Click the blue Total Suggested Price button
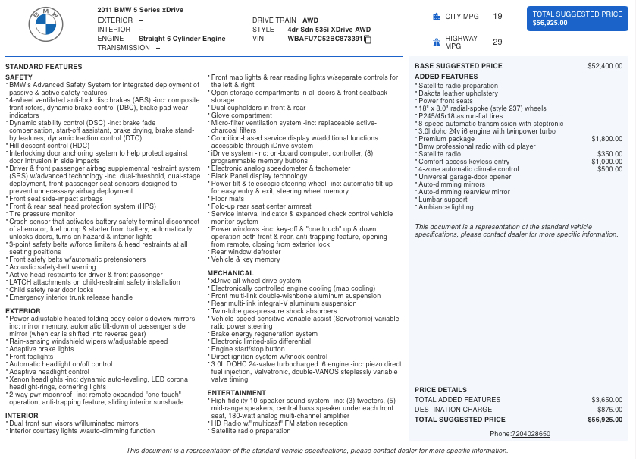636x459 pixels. pos(578,19)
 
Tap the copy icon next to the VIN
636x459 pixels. pos(368,39)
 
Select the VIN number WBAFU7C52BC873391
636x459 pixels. pos(325,39)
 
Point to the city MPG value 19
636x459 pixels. pos(497,16)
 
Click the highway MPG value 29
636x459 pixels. pos(497,42)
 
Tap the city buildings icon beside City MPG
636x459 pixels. pos(437,16)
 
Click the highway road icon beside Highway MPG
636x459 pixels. pos(437,42)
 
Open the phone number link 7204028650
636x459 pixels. pos(531,434)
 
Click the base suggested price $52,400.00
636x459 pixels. pos(605,66)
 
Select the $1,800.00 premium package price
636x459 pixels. pos(606,139)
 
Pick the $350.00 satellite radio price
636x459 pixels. pos(609,154)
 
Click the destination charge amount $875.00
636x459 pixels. pos(609,410)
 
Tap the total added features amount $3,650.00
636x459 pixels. pos(606,400)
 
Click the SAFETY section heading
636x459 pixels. pos(19,77)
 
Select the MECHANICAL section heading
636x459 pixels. pos(230,273)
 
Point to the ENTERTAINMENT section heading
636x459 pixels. pos(237,393)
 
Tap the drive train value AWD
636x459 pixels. pos(310,20)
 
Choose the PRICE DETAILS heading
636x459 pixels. pos(440,390)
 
